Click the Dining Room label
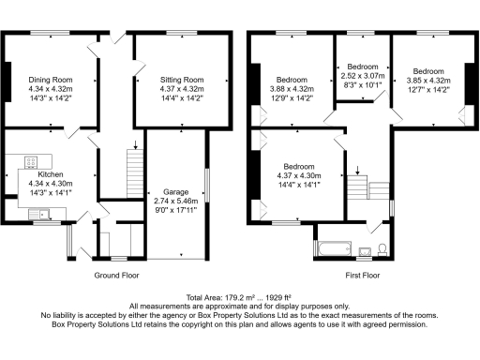(x=51, y=80)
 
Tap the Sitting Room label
(x=182, y=80)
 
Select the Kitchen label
(x=51, y=174)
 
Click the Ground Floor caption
(x=117, y=276)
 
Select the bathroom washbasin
(x=365, y=249)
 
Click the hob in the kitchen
(x=31, y=159)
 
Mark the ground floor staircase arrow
(x=136, y=146)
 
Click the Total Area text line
(x=239, y=297)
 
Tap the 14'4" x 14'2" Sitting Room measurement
(x=182, y=97)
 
